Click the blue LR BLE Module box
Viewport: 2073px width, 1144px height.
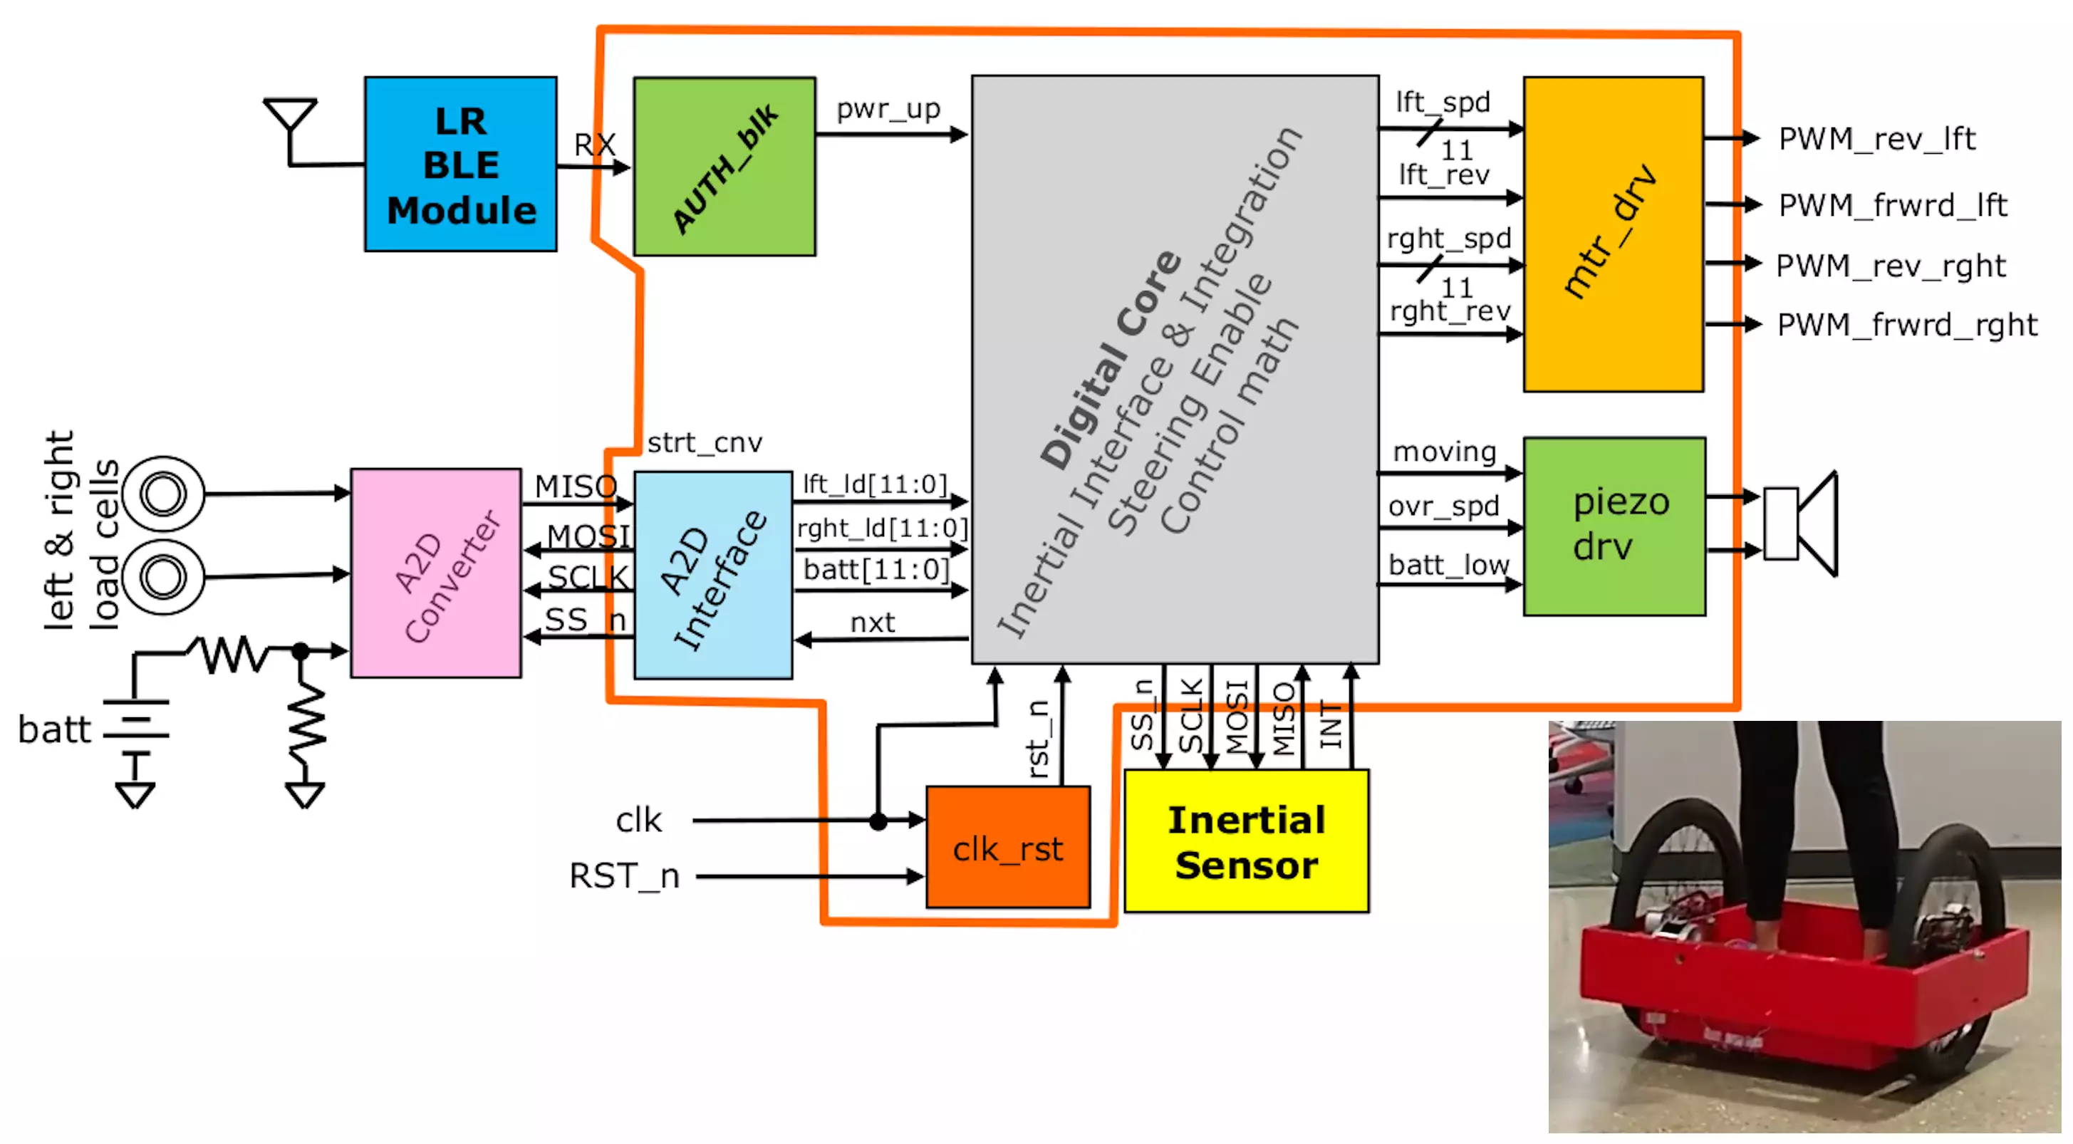(460, 164)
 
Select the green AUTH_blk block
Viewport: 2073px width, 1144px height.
(724, 167)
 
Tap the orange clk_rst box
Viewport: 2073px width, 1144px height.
(1007, 847)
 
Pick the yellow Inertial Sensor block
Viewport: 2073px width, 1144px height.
(1246, 841)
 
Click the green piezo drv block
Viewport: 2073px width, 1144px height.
(1614, 526)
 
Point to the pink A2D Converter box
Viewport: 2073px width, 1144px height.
(436, 573)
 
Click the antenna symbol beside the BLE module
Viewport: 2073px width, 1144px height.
(290, 120)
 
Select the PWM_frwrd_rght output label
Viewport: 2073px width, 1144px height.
(1906, 325)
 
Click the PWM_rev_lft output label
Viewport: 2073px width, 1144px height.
(1876, 139)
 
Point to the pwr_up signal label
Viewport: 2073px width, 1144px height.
(888, 108)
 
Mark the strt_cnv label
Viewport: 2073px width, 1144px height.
(704, 442)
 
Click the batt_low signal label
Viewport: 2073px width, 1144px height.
(1448, 565)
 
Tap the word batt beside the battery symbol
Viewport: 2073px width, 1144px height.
(54, 729)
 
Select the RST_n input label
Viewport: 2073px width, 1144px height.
(623, 875)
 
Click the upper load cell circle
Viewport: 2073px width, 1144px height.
(163, 494)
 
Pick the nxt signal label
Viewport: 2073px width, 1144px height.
(873, 622)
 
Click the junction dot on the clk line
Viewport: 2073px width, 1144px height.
(878, 821)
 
